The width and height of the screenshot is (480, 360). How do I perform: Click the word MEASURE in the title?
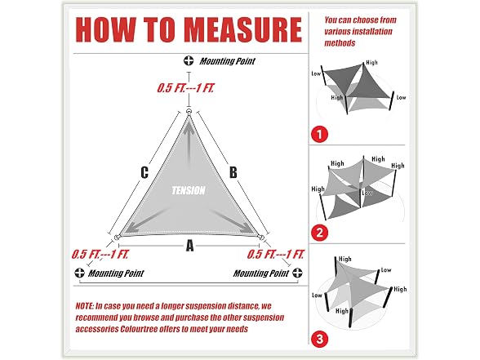243,29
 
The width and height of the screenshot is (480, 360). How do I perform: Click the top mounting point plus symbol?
189,60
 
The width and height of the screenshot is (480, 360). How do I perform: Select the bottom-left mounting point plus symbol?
80,273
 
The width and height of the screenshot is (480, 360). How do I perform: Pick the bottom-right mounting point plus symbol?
297,273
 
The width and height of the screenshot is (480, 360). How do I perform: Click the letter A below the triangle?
189,246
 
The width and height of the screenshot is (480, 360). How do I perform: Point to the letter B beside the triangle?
233,172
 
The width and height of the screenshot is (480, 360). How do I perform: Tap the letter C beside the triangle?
144,172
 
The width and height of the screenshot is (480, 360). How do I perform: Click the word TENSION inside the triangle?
189,190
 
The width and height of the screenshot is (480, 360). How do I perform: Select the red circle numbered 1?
319,134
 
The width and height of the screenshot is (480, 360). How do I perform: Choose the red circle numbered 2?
319,233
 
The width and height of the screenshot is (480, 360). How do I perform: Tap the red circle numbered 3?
319,339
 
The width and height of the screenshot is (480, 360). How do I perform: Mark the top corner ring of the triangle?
189,112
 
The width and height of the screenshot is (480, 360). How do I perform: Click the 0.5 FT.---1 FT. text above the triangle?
185,88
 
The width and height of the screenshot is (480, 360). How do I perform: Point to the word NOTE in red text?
85,306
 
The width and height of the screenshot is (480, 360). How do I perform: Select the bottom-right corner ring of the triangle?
261,238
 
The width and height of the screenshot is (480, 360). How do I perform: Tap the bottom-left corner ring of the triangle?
116,238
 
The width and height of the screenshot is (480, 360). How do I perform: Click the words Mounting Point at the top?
227,61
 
